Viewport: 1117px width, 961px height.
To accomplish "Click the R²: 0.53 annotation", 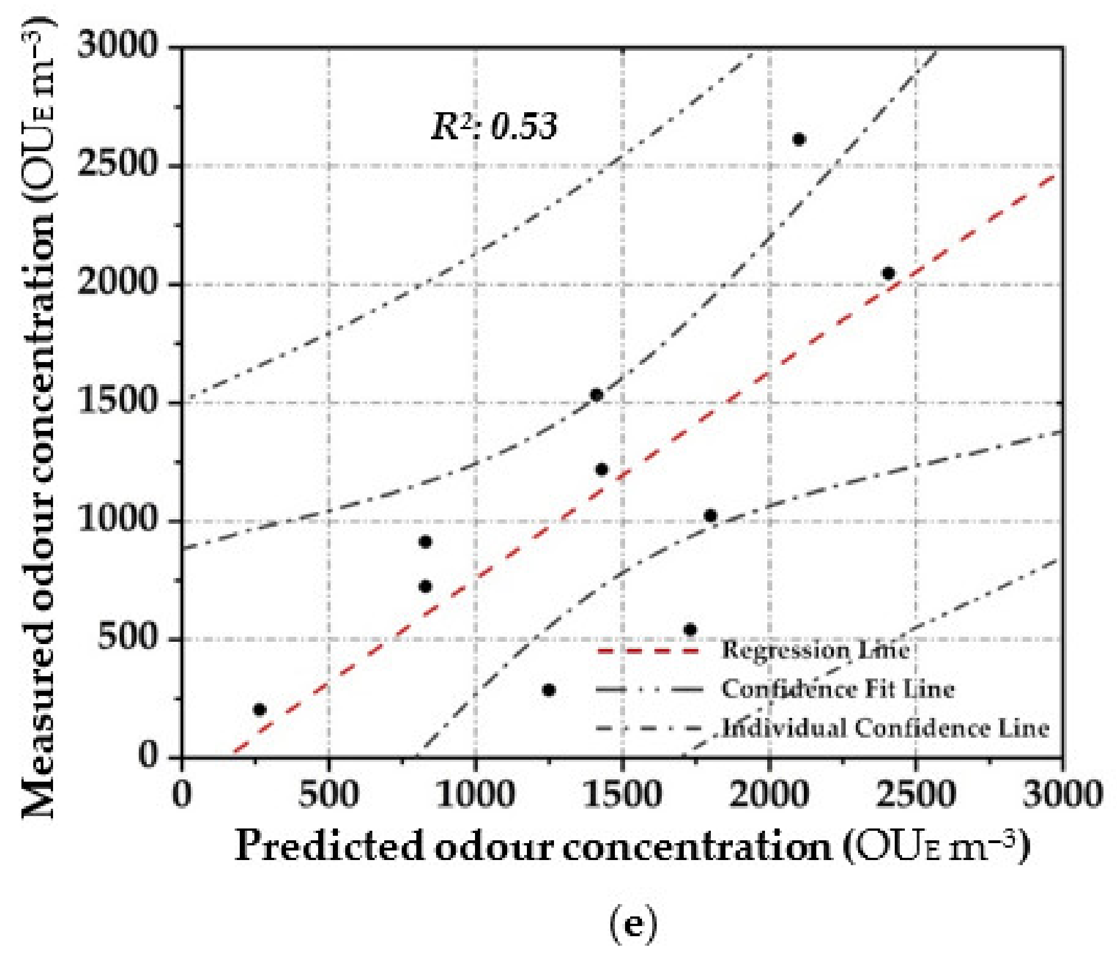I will (494, 126).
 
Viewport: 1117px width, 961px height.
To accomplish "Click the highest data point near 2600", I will (799, 139).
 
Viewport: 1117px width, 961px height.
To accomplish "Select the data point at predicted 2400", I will (889, 274).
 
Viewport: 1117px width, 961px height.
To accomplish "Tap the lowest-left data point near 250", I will (260, 709).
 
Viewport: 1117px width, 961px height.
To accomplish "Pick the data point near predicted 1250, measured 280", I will (549, 690).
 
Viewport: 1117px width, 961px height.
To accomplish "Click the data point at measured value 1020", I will (710, 515).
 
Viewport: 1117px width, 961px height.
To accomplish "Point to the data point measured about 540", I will (690, 630).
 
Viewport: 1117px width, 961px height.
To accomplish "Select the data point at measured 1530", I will (596, 395).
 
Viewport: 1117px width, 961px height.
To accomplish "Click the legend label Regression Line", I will (816, 650).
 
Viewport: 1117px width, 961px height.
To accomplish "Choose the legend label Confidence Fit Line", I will (838, 689).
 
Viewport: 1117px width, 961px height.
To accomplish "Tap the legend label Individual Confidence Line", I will (886, 728).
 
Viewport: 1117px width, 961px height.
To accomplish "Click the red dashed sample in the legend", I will (649, 651).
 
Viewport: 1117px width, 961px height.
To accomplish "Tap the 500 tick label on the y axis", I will (126, 638).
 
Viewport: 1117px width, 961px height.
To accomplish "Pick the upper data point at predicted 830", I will (426, 542).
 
